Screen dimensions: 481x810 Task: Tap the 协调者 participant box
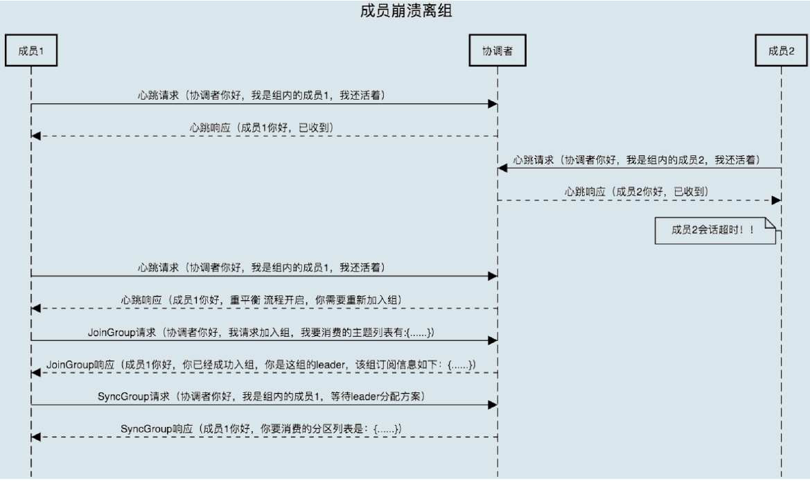pyautogui.click(x=497, y=51)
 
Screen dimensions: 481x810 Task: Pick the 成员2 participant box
pyautogui.click(x=782, y=51)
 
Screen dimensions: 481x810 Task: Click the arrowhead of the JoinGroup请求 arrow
pyautogui.click(x=493, y=340)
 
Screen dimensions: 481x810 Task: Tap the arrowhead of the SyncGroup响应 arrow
pyautogui.click(x=36, y=437)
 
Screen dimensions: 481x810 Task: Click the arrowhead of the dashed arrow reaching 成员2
pyautogui.click(x=777, y=199)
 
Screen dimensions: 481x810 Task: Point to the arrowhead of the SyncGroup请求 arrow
pyautogui.click(x=493, y=404)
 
